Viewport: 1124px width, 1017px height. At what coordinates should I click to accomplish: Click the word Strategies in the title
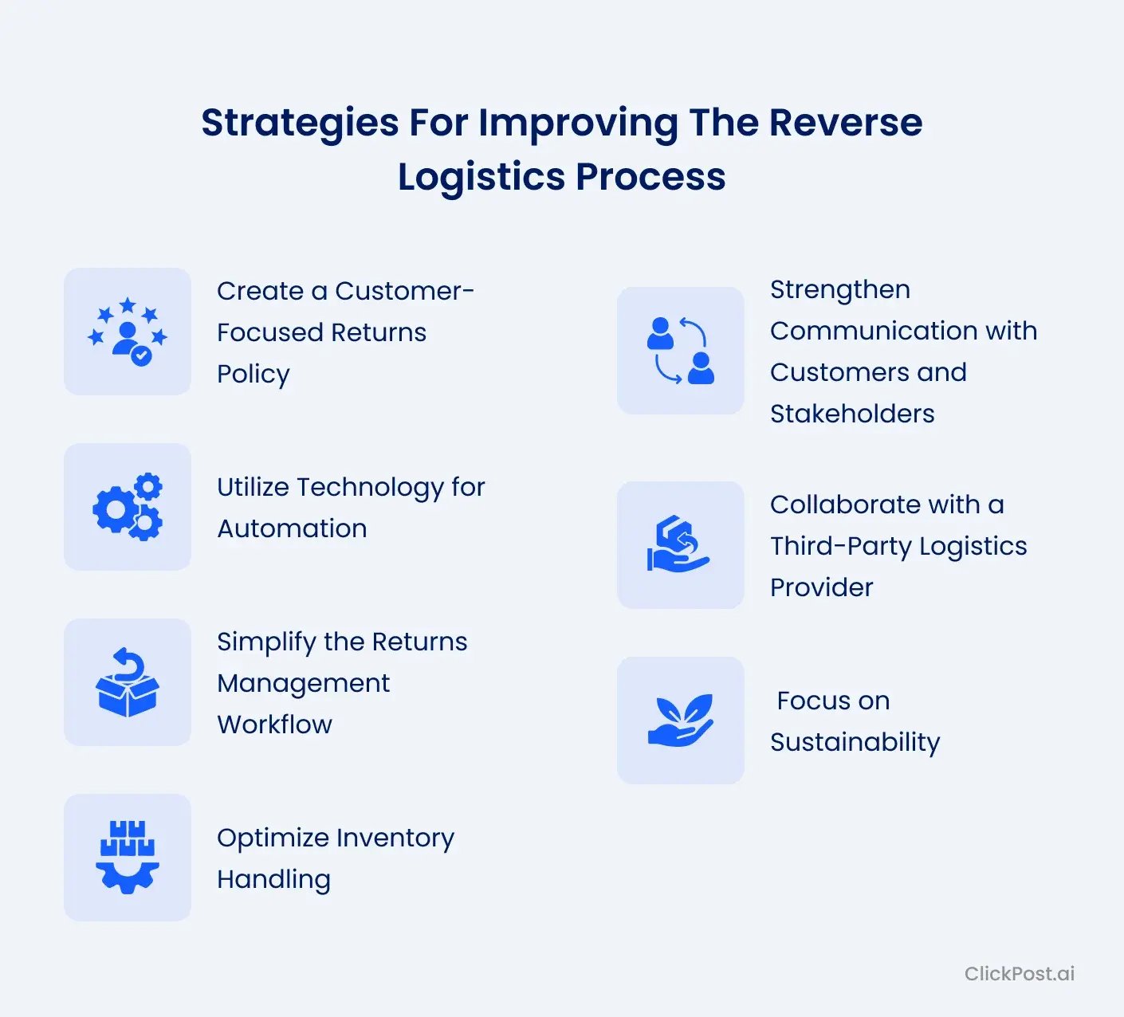pos(299,124)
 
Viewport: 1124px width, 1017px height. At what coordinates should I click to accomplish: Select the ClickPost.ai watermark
pos(1019,973)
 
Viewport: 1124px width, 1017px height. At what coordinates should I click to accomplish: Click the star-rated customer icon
pos(128,332)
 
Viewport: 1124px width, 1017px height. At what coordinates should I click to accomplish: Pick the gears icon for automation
pos(128,507)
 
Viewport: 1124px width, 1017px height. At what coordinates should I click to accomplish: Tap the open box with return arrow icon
pos(128,682)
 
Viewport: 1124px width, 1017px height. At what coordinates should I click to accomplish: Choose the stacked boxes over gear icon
pos(128,858)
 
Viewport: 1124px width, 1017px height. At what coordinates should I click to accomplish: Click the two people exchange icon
pos(681,351)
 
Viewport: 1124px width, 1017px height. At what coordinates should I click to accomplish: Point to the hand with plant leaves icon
pos(681,721)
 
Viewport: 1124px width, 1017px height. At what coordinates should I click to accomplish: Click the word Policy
pos(253,374)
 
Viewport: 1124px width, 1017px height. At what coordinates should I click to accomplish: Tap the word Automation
pos(292,528)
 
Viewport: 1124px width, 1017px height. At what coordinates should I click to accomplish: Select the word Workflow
pos(274,724)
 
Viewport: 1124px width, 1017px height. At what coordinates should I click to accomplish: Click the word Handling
pos(273,879)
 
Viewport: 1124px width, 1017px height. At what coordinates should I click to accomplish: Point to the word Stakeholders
pos(852,414)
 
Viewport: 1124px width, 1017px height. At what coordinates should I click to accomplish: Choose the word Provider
pos(821,587)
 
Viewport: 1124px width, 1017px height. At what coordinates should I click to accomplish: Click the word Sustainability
pos(855,742)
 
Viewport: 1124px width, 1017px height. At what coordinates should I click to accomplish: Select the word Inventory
pos(395,838)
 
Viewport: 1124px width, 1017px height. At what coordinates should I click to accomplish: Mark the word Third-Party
pos(840,546)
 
